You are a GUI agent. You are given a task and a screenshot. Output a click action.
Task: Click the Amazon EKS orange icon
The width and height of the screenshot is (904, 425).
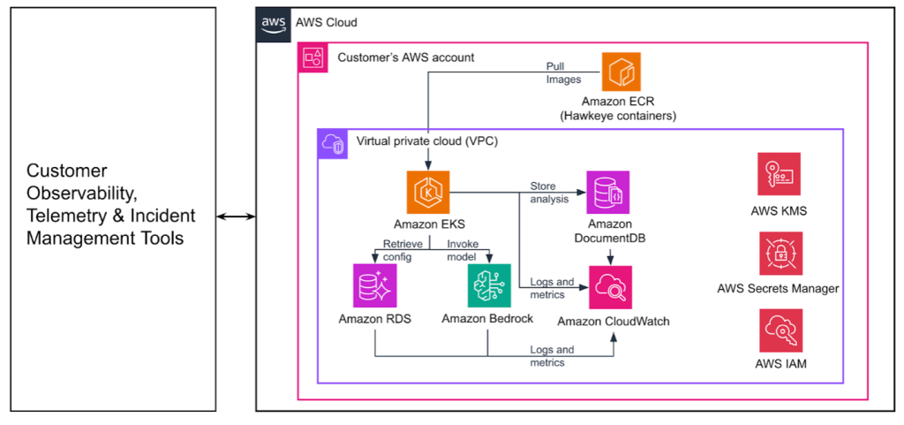click(429, 193)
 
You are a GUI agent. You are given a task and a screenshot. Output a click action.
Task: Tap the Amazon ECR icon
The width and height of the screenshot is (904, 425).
click(621, 72)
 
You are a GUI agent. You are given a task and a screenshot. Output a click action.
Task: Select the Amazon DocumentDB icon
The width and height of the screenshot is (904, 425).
click(608, 193)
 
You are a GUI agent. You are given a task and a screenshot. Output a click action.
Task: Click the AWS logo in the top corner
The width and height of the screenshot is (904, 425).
click(272, 23)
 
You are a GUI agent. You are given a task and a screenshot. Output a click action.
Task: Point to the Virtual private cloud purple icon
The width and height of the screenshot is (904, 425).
click(333, 144)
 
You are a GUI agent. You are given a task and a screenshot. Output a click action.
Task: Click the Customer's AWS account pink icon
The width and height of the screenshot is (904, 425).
click(313, 59)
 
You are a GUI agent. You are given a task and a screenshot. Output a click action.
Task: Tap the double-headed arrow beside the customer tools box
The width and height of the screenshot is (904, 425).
click(236, 216)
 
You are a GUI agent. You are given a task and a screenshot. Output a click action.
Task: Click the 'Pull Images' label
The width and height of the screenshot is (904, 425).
click(555, 72)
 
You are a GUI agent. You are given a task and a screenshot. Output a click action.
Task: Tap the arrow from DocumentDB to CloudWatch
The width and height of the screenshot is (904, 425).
click(610, 254)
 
